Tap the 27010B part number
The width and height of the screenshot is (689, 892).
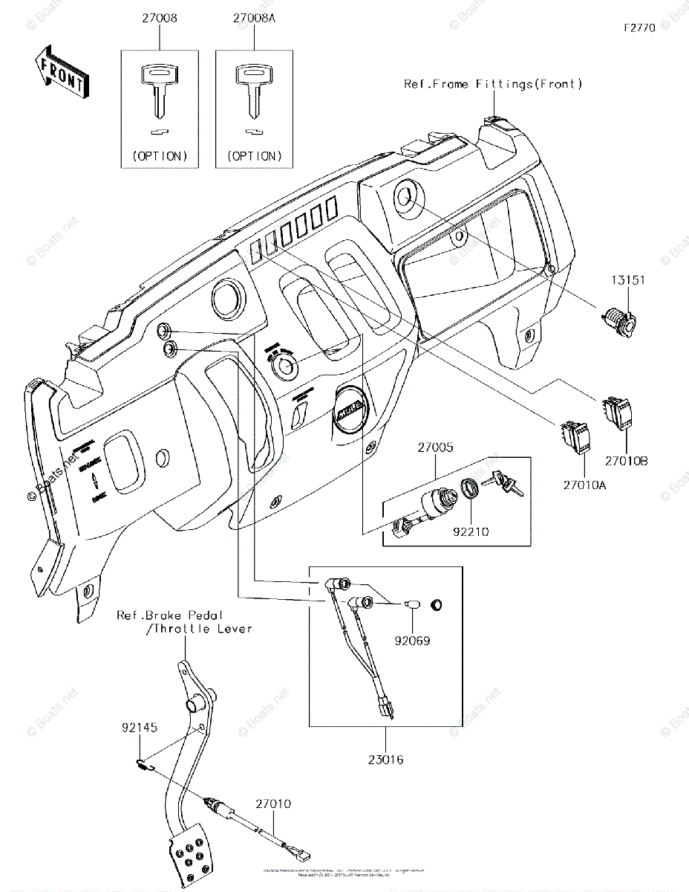[625, 461]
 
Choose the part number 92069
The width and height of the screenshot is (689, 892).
[413, 639]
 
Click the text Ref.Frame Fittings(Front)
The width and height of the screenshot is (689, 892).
[493, 84]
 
